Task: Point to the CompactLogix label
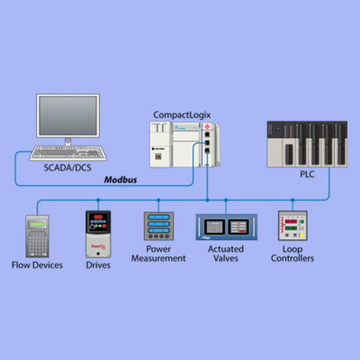[x=184, y=114]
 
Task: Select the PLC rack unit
[x=306, y=143]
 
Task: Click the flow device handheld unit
[x=37, y=236]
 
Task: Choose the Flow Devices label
[x=37, y=265]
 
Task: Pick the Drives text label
[x=98, y=265]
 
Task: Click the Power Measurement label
[x=157, y=253]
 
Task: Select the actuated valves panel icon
[x=225, y=227]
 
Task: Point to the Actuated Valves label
[x=225, y=253]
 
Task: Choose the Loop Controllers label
[x=292, y=253]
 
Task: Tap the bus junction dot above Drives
[x=97, y=201]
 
